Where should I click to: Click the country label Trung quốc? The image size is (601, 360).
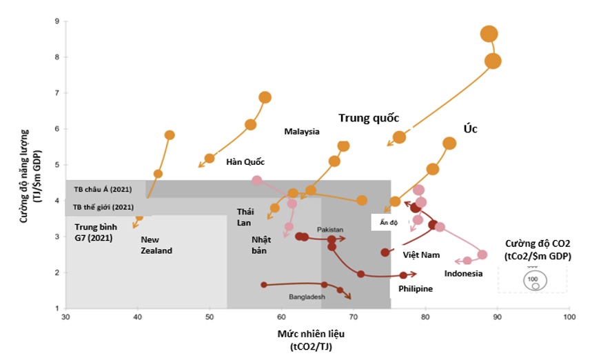pyautogui.click(x=369, y=118)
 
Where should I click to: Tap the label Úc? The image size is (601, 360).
pyautogui.click(x=471, y=129)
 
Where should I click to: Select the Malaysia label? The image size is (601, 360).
pyautogui.click(x=302, y=132)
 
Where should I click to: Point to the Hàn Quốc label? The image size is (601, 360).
pyautogui.click(x=245, y=162)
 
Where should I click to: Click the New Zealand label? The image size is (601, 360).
pyautogui.click(x=156, y=245)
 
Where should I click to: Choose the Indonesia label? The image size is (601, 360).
pyautogui.click(x=463, y=274)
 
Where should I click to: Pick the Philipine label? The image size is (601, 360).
pyautogui.click(x=416, y=289)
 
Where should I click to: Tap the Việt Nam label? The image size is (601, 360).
pyautogui.click(x=421, y=255)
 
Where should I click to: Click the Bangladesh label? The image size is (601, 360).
pyautogui.click(x=307, y=297)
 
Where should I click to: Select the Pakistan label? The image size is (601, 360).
pyautogui.click(x=330, y=229)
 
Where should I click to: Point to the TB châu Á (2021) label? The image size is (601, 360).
pyautogui.click(x=104, y=188)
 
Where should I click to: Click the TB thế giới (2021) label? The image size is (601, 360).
pyautogui.click(x=104, y=206)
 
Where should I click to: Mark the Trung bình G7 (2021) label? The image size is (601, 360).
pyautogui.click(x=96, y=232)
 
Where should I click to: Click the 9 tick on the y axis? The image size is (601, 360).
pyautogui.click(x=57, y=21)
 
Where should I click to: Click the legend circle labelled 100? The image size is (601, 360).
pyautogui.click(x=533, y=280)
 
